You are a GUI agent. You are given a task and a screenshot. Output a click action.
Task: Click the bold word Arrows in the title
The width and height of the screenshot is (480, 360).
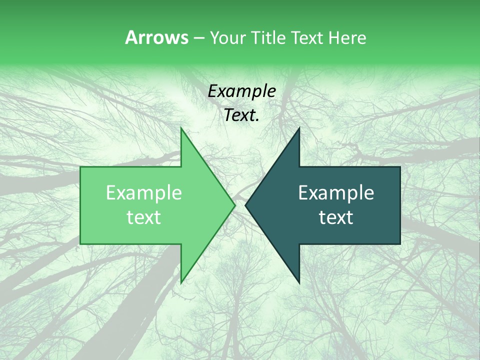click(x=156, y=37)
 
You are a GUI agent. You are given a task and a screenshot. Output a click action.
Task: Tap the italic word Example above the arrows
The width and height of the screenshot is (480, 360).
click(x=242, y=91)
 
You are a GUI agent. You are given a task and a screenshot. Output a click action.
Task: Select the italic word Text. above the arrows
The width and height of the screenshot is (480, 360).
click(x=242, y=115)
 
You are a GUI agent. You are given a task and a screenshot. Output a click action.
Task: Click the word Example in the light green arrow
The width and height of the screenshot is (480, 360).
click(x=144, y=193)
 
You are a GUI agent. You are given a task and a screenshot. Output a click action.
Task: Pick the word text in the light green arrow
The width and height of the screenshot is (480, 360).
click(x=144, y=217)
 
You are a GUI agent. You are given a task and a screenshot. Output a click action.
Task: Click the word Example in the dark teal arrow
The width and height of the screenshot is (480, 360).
click(x=336, y=193)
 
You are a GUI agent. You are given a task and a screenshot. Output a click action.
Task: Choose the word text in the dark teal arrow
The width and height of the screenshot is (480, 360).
click(x=336, y=217)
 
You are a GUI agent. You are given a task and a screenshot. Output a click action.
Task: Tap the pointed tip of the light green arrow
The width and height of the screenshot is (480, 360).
click(x=235, y=205)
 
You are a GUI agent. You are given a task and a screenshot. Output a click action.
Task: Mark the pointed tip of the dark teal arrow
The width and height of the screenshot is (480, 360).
click(x=245, y=205)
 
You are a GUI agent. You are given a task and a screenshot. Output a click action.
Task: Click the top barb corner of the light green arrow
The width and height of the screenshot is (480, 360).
click(x=181, y=128)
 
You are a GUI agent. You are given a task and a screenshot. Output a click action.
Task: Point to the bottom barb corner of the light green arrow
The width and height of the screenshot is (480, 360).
click(x=181, y=282)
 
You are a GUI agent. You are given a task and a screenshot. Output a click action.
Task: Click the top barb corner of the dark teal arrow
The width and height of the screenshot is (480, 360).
click(x=299, y=128)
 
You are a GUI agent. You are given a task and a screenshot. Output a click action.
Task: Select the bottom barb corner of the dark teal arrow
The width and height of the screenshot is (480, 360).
click(x=299, y=282)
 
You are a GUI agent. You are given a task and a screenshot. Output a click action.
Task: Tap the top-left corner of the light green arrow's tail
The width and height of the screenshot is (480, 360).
click(x=80, y=167)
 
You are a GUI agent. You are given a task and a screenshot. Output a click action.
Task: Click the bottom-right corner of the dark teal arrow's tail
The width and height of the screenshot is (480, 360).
click(x=400, y=243)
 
